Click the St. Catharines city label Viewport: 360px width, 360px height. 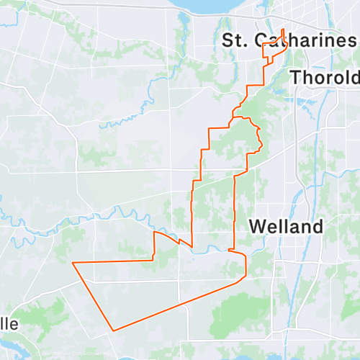pyautogui.click(x=289, y=40)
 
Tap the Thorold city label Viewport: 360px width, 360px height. pyautogui.click(x=323, y=77)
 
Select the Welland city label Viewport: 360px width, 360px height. pyautogui.click(x=285, y=226)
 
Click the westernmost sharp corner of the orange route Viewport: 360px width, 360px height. pyautogui.click(x=73, y=264)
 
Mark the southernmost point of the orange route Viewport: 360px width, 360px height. pyautogui.click(x=113, y=330)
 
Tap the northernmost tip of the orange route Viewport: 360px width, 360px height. pyautogui.click(x=283, y=30)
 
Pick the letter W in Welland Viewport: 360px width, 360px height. pyautogui.click(x=257, y=226)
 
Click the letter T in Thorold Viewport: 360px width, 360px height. pyautogui.click(x=295, y=77)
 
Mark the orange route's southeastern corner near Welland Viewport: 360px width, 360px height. pyautogui.click(x=246, y=275)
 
